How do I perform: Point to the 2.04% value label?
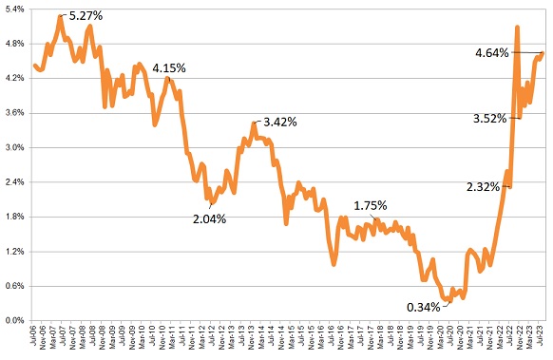(210, 218)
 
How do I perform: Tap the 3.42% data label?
(280, 122)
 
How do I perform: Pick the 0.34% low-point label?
(424, 307)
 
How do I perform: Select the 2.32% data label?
(484, 186)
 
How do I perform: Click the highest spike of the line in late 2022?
(516, 28)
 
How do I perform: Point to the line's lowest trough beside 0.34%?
(448, 298)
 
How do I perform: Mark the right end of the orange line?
(543, 52)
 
